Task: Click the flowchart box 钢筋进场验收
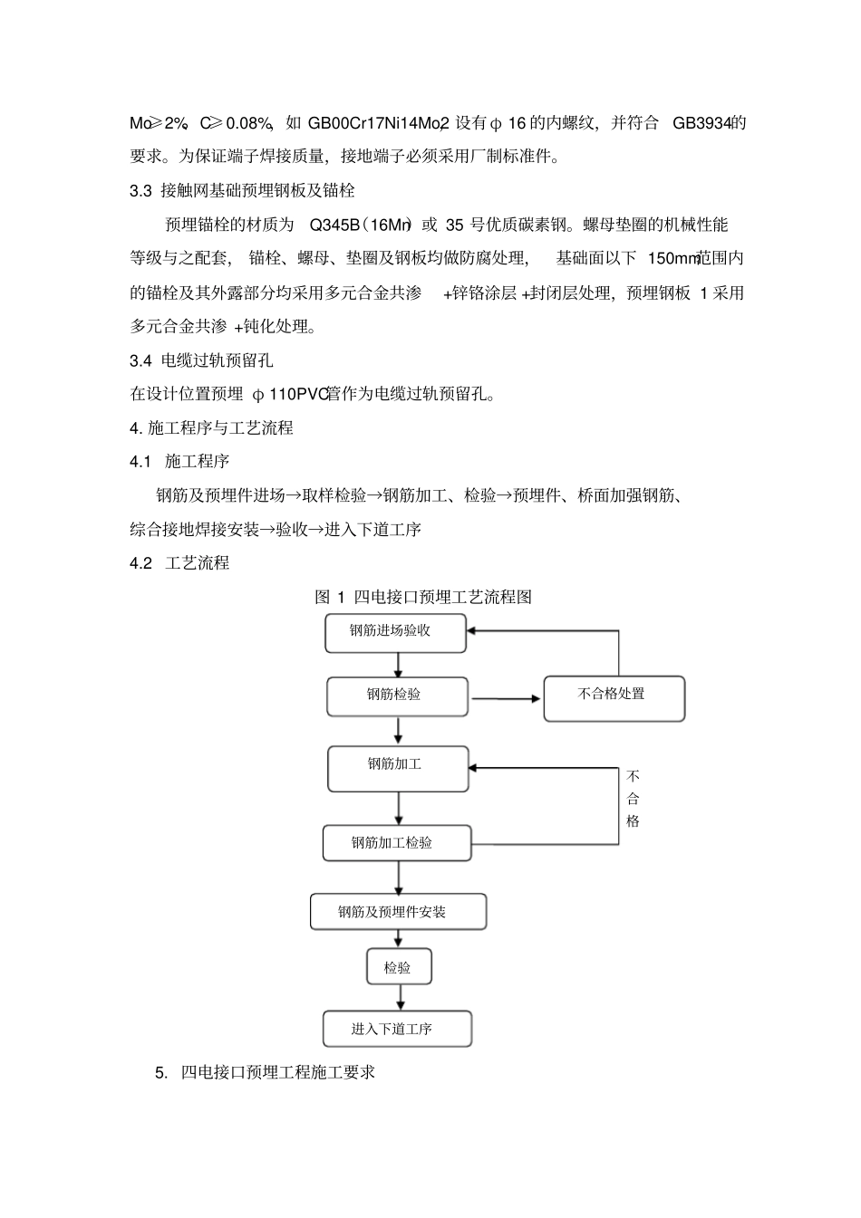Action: tap(395, 632)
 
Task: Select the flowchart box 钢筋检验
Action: tap(397, 695)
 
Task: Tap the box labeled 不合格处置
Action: tap(614, 698)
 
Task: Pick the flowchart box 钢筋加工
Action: tap(398, 768)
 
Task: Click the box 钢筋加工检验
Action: tap(397, 843)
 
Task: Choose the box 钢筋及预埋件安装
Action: tap(398, 912)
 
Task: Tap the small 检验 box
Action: tap(399, 967)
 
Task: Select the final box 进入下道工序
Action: tap(397, 1030)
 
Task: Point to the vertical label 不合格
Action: tap(633, 799)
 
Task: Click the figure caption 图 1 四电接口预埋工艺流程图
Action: tap(422, 597)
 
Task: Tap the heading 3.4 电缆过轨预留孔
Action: tap(201, 360)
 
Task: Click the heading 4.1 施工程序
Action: tap(179, 462)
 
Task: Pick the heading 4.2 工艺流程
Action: tap(179, 563)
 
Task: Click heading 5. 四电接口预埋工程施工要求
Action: tap(265, 1072)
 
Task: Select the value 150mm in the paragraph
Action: tap(672, 259)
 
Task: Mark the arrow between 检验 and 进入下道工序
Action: tap(399, 998)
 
